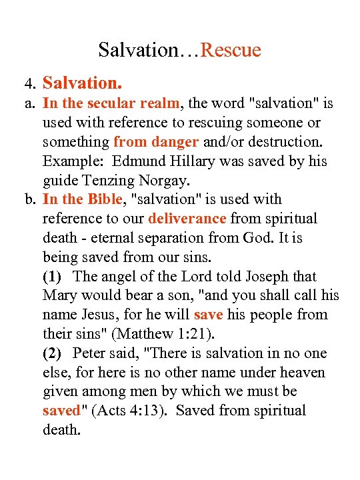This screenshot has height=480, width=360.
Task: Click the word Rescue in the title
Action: click(x=231, y=50)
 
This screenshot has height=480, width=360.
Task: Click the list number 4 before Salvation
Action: click(x=29, y=84)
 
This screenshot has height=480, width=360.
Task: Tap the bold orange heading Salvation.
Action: click(x=82, y=83)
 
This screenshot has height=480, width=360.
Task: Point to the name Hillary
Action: click(x=193, y=161)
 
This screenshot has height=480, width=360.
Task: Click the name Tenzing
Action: click(x=110, y=181)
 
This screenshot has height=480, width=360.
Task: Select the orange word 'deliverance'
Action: click(x=188, y=219)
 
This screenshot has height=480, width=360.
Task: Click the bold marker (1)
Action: click(x=54, y=277)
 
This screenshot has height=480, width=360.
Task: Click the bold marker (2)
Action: click(x=54, y=353)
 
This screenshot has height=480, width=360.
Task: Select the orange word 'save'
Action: click(x=208, y=315)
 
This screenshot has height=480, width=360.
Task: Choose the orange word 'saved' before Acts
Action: click(x=61, y=411)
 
